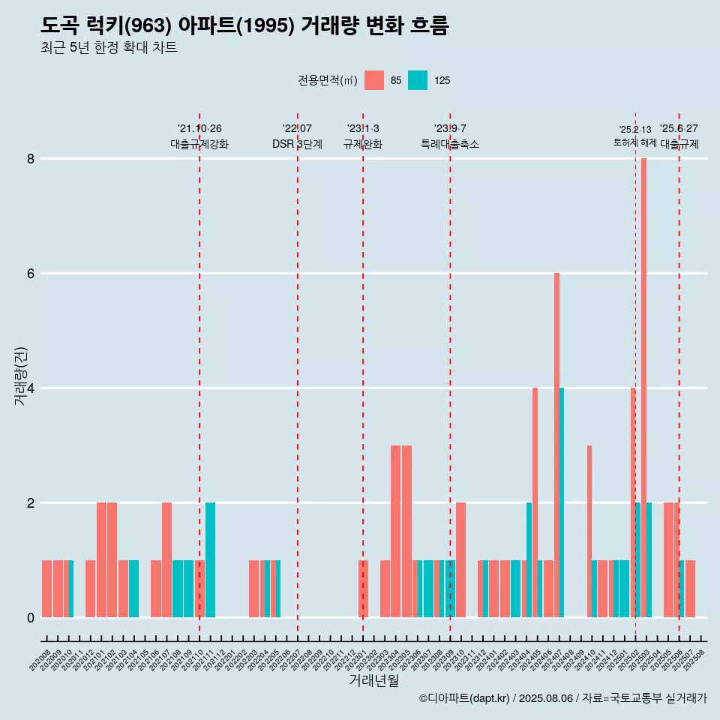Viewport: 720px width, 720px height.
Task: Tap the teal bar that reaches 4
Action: (562, 502)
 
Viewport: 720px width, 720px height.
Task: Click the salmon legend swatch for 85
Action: (374, 80)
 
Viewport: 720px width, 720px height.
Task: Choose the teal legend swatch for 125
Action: (418, 80)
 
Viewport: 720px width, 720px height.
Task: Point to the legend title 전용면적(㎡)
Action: (327, 81)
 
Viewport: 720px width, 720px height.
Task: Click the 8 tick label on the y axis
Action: (31, 159)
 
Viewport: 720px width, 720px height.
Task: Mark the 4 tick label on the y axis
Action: (31, 388)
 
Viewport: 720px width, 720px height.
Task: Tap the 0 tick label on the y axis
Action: (31, 618)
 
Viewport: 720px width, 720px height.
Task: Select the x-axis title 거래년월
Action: (373, 680)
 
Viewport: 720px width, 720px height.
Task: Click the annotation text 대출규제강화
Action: (199, 144)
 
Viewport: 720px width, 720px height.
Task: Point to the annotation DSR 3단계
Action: (297, 144)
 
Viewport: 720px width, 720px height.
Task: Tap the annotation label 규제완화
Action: (363, 144)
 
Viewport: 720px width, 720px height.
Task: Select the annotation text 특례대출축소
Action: (450, 144)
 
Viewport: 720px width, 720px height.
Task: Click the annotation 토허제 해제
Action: (634, 142)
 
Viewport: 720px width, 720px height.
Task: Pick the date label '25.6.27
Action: (679, 128)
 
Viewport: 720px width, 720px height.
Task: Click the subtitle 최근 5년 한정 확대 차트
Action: (109, 48)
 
